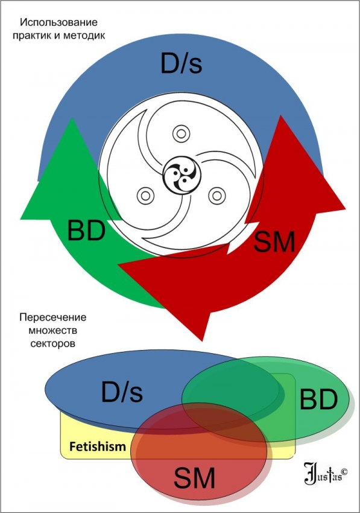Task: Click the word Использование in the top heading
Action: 59,22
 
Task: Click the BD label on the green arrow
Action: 86,231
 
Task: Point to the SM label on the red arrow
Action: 274,241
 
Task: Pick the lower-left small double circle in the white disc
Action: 145,196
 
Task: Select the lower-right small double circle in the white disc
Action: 217,196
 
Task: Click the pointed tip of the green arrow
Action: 71,118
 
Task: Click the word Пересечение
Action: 53,317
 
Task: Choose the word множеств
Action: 53,331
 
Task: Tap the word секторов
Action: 53,343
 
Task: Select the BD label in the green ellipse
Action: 318,399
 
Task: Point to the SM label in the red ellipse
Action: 194,477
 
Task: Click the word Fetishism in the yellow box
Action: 98,446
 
